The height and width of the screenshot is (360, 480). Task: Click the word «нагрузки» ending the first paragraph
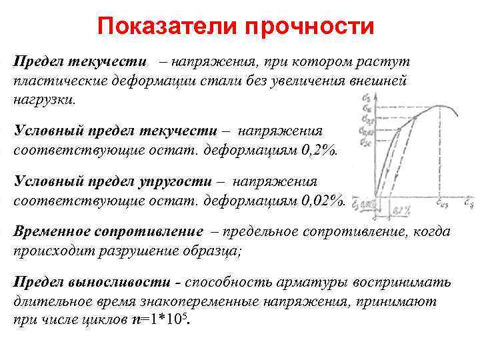pos(43,101)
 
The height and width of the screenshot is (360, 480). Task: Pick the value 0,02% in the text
pos(323,201)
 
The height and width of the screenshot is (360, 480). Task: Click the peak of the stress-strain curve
pos(437,106)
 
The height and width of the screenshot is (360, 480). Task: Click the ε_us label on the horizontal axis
pos(443,199)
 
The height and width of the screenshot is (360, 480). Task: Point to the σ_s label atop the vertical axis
pos(366,99)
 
